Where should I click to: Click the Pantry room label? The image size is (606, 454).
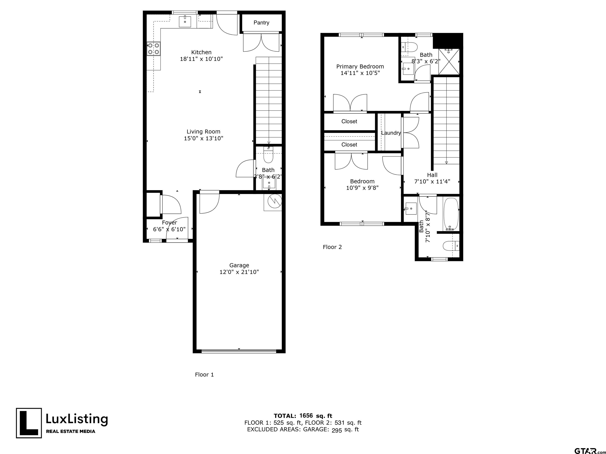click(x=261, y=23)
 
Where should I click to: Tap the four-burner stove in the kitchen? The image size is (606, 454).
click(x=153, y=49)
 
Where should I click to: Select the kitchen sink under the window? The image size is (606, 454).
click(x=185, y=22)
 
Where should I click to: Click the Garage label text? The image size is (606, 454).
click(x=239, y=265)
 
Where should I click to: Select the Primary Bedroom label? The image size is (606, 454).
click(x=360, y=66)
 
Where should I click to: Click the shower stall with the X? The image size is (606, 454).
click(x=449, y=61)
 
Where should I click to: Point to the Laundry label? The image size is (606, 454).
click(x=391, y=133)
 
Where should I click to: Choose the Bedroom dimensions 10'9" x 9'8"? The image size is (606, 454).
click(x=362, y=188)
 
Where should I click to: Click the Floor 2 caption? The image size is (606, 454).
click(x=332, y=247)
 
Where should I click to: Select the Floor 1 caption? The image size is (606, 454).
click(x=204, y=375)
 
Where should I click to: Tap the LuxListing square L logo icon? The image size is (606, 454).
click(x=29, y=423)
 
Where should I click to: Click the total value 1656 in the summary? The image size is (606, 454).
click(x=306, y=416)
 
